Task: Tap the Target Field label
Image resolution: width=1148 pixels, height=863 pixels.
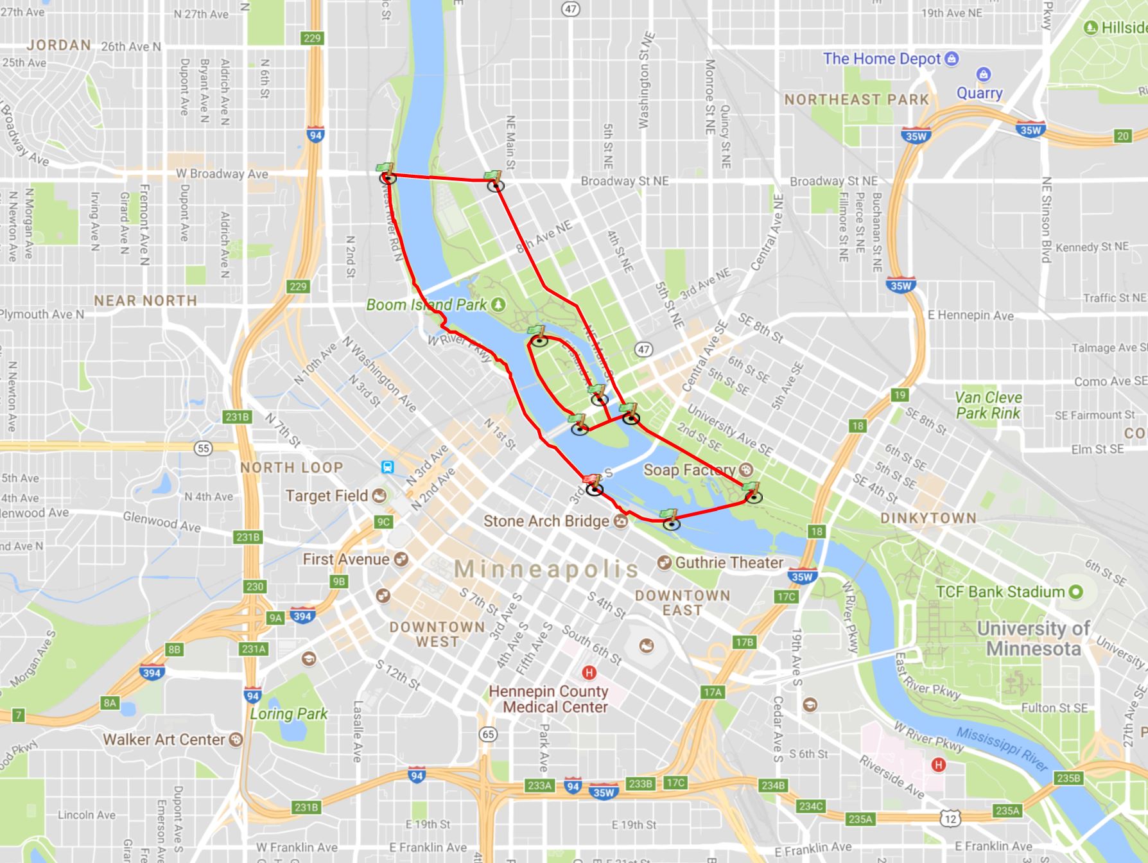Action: [x=327, y=496]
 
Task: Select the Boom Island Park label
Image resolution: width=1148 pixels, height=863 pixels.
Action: [x=426, y=304]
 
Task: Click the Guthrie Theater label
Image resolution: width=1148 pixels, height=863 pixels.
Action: [x=729, y=562]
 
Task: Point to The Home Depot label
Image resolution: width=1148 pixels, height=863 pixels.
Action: [x=882, y=59]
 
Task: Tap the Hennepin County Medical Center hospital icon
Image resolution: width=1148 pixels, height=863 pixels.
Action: [x=587, y=673]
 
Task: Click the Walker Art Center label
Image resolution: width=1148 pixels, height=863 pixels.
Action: [x=164, y=740]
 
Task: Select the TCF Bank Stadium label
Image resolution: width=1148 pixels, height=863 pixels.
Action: [x=1000, y=592]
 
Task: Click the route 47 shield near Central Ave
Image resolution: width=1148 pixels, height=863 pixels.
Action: [x=643, y=349]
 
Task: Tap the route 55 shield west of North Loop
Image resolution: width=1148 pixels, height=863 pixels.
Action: [x=204, y=448]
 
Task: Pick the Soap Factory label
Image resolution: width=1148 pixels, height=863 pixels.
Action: [x=689, y=470]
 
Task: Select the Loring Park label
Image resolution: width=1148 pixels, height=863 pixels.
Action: [x=288, y=714]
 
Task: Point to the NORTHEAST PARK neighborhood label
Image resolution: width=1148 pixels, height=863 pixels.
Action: [x=857, y=100]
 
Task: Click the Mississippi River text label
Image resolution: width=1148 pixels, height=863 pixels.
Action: [x=1002, y=749]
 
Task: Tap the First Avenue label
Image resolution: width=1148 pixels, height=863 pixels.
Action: [x=346, y=559]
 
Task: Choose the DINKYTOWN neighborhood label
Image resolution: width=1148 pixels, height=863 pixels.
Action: [x=928, y=518]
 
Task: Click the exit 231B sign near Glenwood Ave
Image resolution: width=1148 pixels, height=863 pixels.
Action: [x=248, y=537]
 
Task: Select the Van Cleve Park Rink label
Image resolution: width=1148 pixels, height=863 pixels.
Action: [x=988, y=405]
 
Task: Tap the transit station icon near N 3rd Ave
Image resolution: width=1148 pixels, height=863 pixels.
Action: [x=387, y=467]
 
